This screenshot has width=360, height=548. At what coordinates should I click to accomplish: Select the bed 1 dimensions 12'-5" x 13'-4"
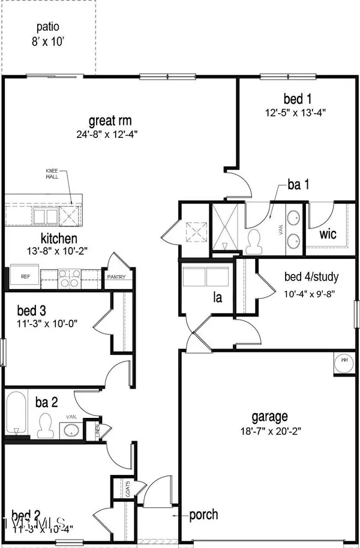298,112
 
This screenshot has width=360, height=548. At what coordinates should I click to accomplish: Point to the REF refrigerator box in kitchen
26,277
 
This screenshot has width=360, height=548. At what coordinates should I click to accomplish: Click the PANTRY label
115,277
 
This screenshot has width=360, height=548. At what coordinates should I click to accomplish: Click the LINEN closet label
100,430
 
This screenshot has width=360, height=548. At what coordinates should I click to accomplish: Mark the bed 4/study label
311,277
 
